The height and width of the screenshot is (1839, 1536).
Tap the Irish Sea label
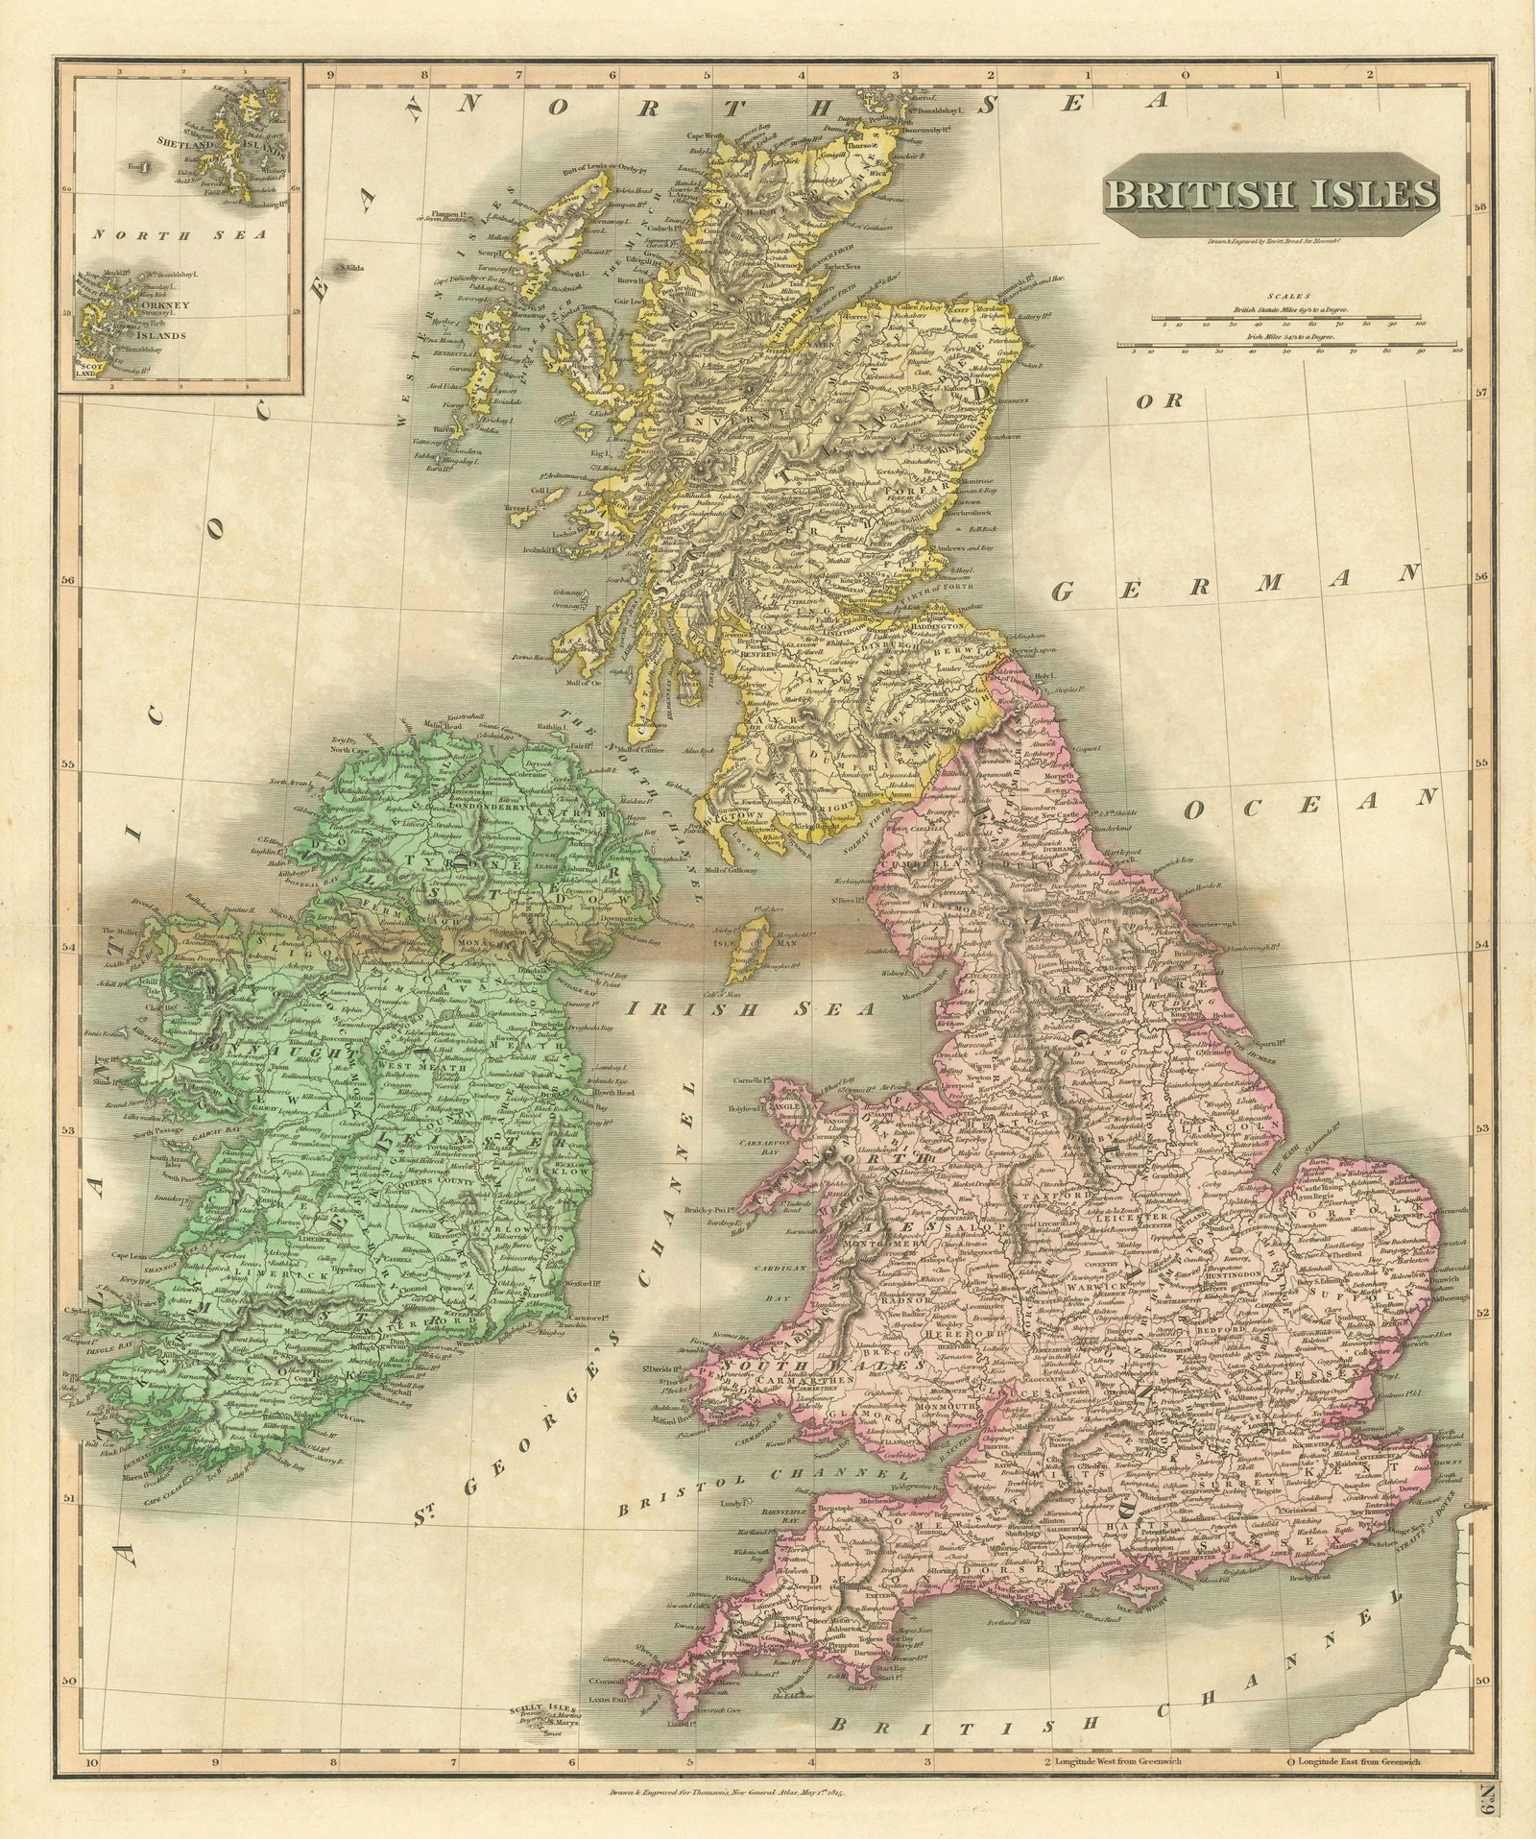(x=750, y=1009)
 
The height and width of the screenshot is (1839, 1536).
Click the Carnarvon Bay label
(x=738, y=1151)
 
